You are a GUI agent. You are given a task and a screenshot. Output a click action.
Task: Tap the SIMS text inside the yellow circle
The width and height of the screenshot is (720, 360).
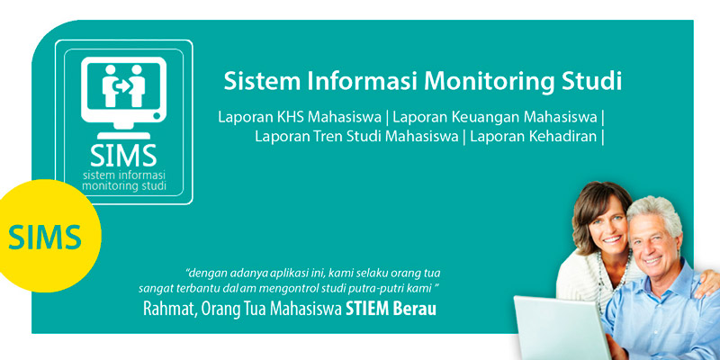44,237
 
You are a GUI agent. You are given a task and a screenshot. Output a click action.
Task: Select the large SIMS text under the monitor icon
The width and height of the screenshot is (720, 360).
123,156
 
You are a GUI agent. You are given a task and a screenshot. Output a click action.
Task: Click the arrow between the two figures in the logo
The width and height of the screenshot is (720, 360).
122,85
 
